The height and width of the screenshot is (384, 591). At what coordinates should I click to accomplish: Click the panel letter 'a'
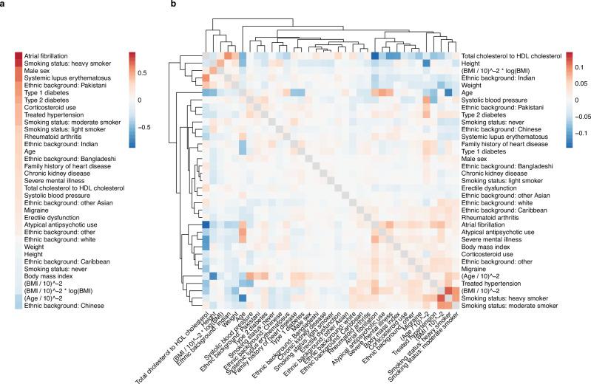(x=4, y=4)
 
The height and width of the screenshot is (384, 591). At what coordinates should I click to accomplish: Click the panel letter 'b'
(x=173, y=4)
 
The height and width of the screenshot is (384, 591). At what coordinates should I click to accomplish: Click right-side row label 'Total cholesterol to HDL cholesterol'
(x=507, y=56)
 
